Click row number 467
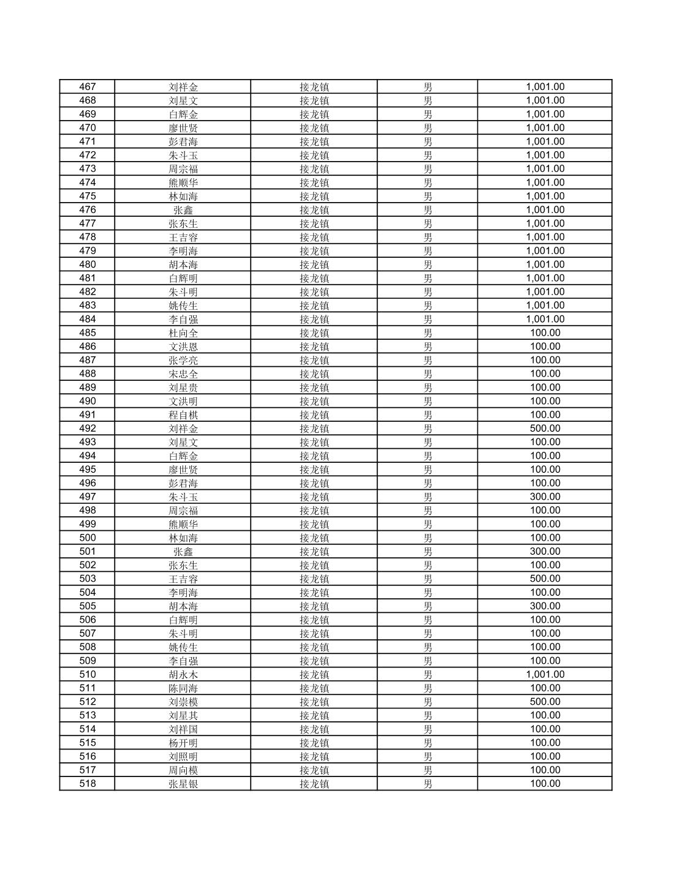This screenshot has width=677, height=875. tap(88, 87)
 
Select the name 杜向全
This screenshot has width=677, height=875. tap(183, 333)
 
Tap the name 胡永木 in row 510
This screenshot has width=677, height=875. tap(183, 675)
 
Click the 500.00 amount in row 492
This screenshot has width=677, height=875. tap(545, 429)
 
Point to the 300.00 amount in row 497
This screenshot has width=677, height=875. tap(545, 497)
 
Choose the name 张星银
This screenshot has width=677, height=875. tap(183, 784)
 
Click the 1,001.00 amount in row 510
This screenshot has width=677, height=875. tap(545, 675)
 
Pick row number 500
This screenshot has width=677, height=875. tap(88, 538)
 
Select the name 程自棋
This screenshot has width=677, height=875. tap(183, 415)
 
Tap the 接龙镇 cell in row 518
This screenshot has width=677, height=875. tap(314, 784)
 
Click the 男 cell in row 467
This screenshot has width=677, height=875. tap(428, 87)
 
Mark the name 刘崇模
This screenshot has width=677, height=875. tap(183, 702)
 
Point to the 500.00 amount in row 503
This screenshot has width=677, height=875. tap(545, 579)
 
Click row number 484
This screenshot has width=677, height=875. tap(88, 319)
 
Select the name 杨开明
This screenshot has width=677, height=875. tap(183, 743)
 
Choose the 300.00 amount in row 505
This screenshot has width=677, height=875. tap(545, 606)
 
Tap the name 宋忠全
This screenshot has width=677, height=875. tap(183, 374)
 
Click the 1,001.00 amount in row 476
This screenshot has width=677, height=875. tap(545, 210)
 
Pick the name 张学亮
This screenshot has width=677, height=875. tap(183, 360)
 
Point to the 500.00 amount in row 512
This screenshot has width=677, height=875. tap(545, 702)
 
